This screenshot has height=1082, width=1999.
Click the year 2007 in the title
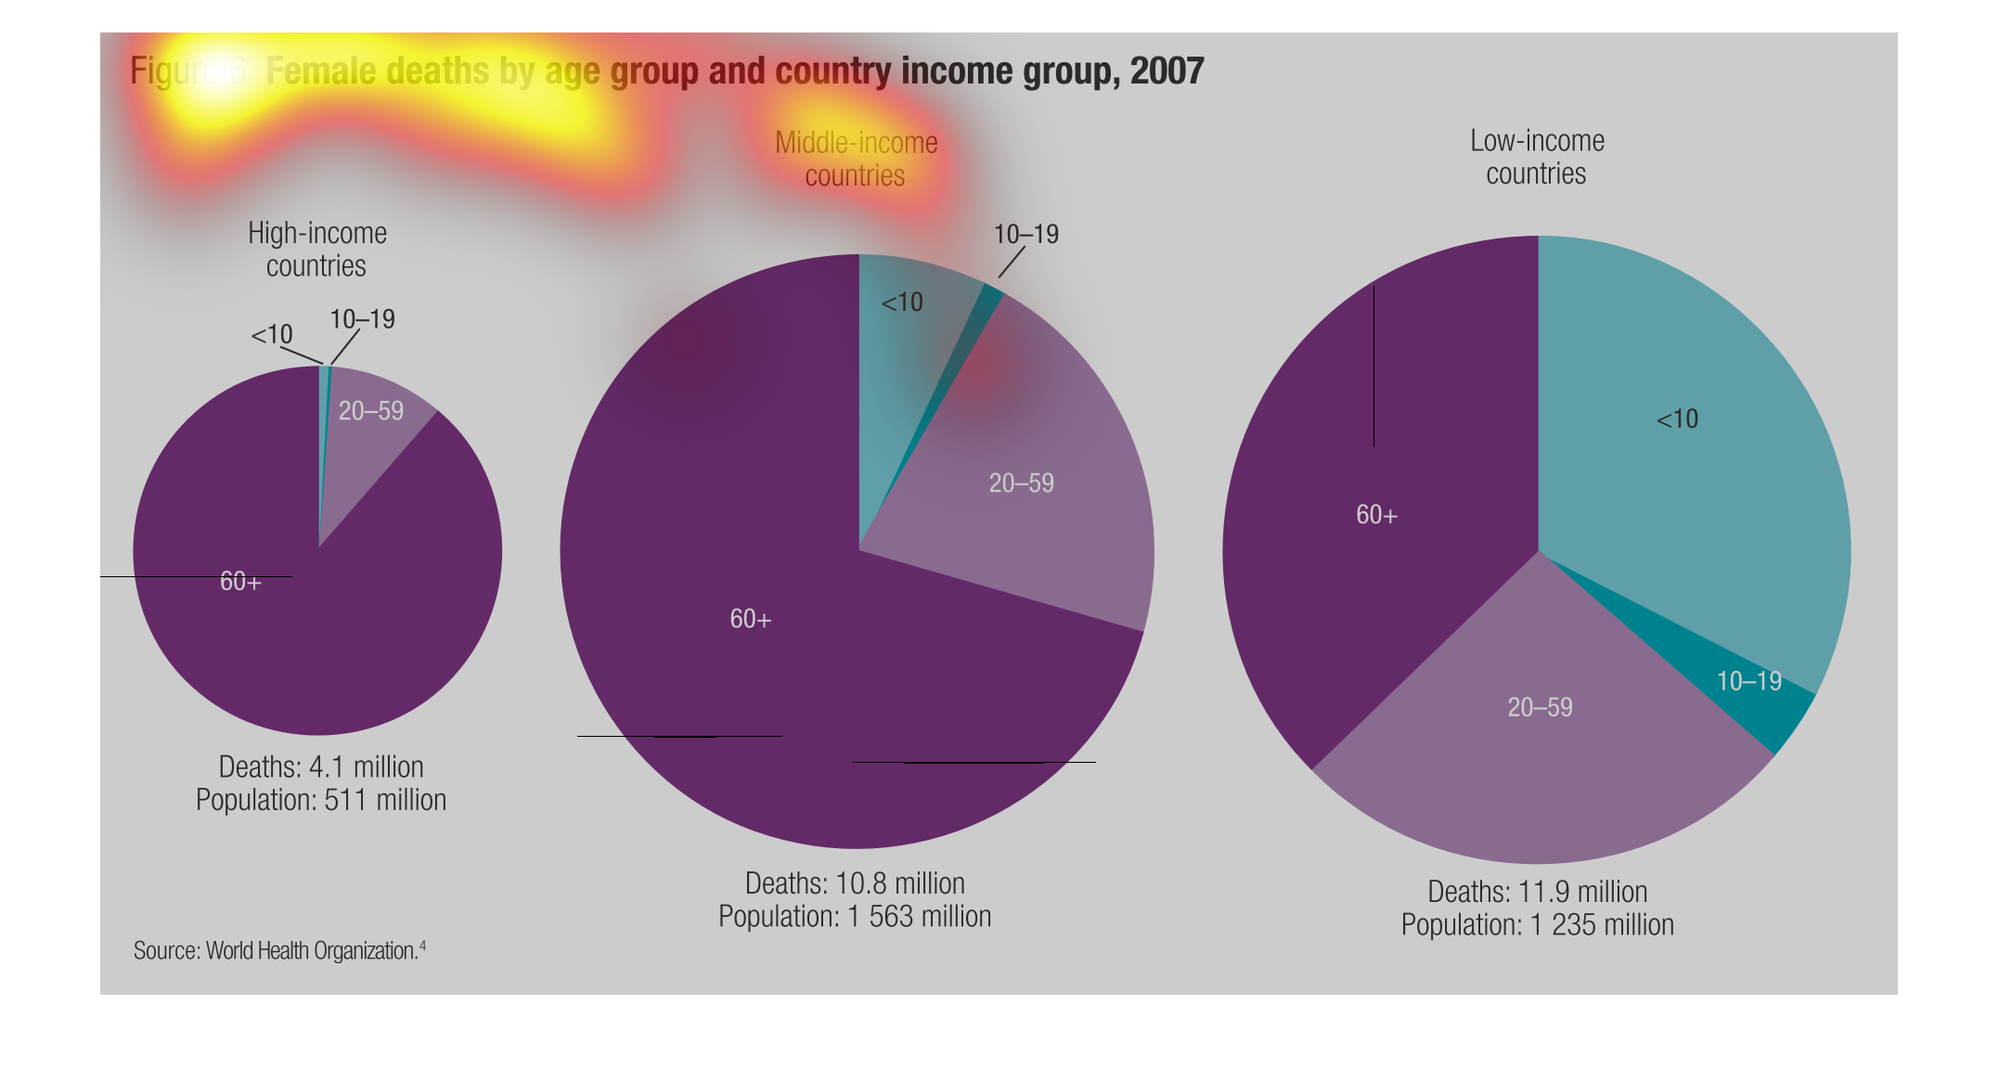(x=1167, y=71)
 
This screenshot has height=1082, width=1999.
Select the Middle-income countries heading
(x=856, y=159)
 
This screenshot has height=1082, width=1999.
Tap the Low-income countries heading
(x=1537, y=157)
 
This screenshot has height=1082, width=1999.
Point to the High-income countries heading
(x=316, y=249)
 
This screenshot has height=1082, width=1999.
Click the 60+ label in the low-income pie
(x=1376, y=515)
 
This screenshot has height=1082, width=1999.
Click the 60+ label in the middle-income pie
(x=751, y=619)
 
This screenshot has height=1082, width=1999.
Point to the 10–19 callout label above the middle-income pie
(x=1025, y=234)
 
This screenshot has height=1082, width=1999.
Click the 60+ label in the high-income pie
(x=240, y=582)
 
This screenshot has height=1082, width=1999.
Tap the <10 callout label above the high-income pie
(x=271, y=334)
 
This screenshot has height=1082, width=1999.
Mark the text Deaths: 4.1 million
(x=321, y=766)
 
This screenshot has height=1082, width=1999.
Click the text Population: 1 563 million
(x=855, y=917)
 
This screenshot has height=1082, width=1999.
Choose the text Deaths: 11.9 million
(x=1537, y=892)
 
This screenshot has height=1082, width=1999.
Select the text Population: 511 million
(x=321, y=800)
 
